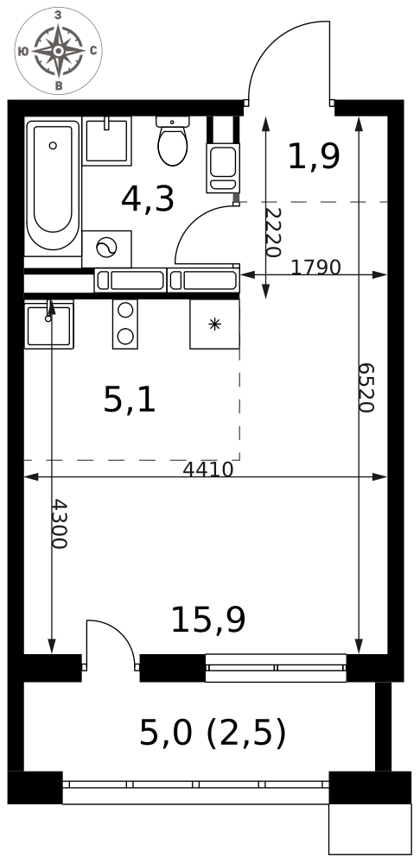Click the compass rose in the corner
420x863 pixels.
[x=58, y=51]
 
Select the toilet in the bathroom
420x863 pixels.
[x=173, y=141]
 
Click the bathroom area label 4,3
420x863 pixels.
[x=147, y=199]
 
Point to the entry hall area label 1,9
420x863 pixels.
[x=314, y=156]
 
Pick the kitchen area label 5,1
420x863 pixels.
[x=130, y=400]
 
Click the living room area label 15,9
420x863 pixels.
[x=207, y=620]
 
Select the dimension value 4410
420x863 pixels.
[x=207, y=469]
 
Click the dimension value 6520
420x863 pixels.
[x=366, y=387]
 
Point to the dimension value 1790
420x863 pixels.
[x=315, y=268]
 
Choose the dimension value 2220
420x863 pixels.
[x=273, y=232]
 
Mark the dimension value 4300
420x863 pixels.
[x=59, y=524]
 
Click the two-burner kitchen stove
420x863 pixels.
[x=125, y=324]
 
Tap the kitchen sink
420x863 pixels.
[x=49, y=324]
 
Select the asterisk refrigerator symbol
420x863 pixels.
[x=214, y=324]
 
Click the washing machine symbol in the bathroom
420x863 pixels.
[x=106, y=249]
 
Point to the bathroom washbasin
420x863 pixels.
[x=107, y=141]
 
